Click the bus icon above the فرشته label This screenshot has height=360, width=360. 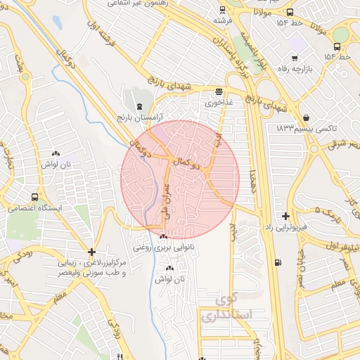(x=222, y=10)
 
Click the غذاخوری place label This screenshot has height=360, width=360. (x=219, y=102)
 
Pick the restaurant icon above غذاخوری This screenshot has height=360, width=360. (x=219, y=91)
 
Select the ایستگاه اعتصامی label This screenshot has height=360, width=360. (x=34, y=209)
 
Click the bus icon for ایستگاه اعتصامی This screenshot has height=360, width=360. (x=34, y=198)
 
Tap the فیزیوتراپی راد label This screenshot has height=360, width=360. (x=287, y=228)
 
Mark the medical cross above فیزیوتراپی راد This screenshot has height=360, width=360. (x=285, y=217)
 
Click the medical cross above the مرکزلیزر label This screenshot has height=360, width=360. (x=91, y=252)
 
